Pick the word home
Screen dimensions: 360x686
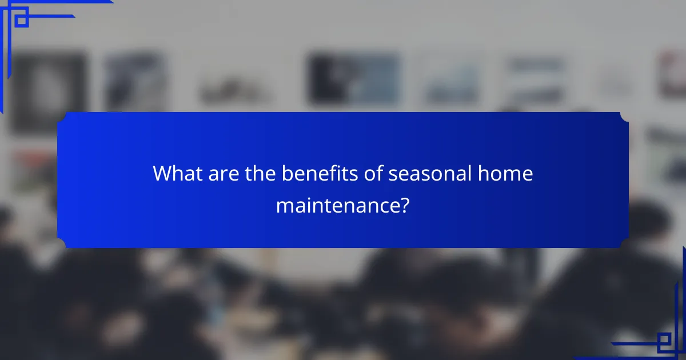[x=510, y=174]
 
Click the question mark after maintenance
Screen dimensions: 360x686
[x=404, y=205]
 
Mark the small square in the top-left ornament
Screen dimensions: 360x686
[x=21, y=20]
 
